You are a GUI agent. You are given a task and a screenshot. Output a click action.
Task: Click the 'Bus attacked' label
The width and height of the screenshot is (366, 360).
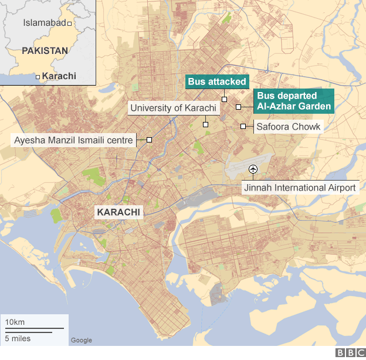[x=217, y=81]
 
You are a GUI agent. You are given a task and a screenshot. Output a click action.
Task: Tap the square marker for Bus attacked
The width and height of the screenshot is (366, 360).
[x=224, y=99]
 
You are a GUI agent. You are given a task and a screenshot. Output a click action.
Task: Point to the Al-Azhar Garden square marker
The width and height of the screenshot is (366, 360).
[x=239, y=107]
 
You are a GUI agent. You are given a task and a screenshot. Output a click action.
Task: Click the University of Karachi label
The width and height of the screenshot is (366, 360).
[x=174, y=108]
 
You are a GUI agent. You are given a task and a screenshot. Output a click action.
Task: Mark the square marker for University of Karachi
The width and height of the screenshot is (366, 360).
[x=206, y=124]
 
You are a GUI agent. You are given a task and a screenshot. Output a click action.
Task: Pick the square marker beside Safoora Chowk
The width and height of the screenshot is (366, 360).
[x=243, y=126]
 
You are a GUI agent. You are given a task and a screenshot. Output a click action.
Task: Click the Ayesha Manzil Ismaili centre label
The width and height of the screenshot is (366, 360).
[x=73, y=140]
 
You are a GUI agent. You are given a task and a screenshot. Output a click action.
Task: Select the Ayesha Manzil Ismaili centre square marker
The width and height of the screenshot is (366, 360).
[x=150, y=140]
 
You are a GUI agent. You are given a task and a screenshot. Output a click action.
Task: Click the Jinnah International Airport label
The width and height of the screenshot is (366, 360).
[x=300, y=188]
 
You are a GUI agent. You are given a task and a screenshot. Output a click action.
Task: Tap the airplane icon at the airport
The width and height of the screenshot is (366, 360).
[x=253, y=169]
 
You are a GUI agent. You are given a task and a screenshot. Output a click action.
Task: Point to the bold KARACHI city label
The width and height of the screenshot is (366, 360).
[x=119, y=212]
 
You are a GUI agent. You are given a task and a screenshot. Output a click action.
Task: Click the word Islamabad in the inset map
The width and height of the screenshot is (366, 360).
[x=44, y=23]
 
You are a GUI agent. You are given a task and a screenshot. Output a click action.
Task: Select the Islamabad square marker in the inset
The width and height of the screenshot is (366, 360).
[x=70, y=23]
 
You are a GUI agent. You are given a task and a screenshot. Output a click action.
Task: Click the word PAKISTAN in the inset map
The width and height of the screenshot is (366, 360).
[x=45, y=51]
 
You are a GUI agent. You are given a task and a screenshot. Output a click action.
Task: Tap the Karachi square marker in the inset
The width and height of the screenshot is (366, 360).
[x=38, y=77]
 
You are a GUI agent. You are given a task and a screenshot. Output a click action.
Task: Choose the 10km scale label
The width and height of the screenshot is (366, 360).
[x=15, y=323]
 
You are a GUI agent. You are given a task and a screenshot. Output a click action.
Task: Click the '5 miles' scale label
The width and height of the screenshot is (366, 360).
[x=18, y=338]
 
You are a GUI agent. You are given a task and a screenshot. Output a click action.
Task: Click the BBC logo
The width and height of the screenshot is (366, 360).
[x=350, y=352]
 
